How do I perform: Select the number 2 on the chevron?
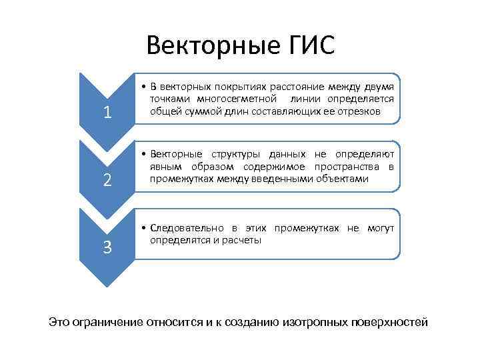tap(107, 180)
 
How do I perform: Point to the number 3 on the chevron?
tap(107, 247)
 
